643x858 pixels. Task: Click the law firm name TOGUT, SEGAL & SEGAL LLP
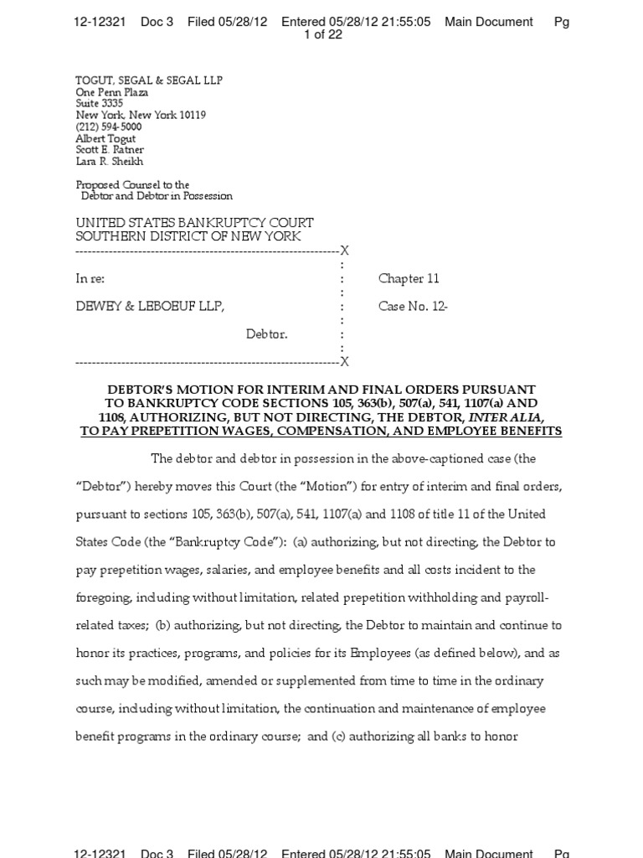point(149,80)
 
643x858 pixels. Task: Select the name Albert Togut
point(105,139)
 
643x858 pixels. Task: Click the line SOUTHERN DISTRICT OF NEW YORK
point(188,236)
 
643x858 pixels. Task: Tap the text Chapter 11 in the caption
point(409,279)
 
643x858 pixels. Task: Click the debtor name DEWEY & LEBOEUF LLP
point(150,307)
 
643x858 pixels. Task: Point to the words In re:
point(90,279)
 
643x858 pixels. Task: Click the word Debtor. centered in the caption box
point(266,334)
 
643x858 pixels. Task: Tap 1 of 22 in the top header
point(322,34)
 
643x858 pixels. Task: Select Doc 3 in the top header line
point(157,22)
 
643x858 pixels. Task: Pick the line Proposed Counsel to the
point(132,184)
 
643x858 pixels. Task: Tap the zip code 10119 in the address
point(192,116)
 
